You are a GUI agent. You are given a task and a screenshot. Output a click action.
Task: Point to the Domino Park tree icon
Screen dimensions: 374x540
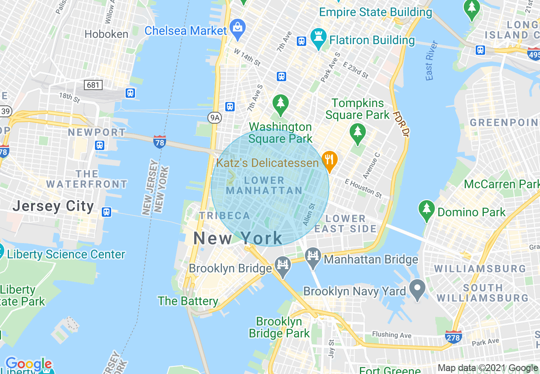(x=426, y=210)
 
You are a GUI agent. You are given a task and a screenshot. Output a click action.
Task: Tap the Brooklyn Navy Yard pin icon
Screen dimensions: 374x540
(x=417, y=289)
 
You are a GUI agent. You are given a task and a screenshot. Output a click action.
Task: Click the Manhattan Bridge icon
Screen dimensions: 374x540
(x=313, y=256)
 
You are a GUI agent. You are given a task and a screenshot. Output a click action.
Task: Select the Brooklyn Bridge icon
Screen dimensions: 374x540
(x=282, y=264)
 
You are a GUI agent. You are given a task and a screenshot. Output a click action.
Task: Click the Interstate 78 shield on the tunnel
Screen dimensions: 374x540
(x=159, y=142)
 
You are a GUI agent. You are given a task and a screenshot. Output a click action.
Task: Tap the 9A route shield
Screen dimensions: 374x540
(x=215, y=118)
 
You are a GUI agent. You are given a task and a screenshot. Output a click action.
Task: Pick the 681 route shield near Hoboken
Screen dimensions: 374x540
(x=93, y=85)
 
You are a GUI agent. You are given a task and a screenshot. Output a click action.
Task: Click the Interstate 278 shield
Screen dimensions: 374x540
(x=453, y=337)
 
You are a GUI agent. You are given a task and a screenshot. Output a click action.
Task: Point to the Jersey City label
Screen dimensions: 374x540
(x=53, y=206)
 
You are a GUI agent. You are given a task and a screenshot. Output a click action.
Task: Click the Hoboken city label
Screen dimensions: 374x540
(x=106, y=34)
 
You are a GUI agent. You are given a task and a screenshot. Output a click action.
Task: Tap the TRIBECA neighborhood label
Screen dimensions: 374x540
(x=225, y=215)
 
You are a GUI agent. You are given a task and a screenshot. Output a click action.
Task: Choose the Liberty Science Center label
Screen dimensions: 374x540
(x=66, y=254)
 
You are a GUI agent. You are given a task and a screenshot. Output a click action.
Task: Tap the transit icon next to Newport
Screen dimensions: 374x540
(x=100, y=145)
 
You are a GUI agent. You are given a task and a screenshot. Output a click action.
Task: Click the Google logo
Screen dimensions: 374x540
(x=28, y=364)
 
